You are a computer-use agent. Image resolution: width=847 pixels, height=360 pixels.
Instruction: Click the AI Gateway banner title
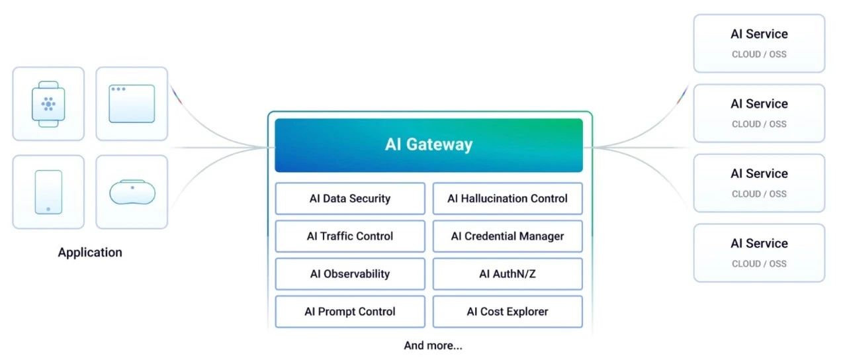pyautogui.click(x=429, y=144)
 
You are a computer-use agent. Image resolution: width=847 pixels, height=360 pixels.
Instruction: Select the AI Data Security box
pyautogui.click(x=350, y=199)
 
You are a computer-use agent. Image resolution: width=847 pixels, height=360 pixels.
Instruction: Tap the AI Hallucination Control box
pyautogui.click(x=508, y=199)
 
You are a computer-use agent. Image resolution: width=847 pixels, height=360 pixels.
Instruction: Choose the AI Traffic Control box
pyautogui.click(x=350, y=236)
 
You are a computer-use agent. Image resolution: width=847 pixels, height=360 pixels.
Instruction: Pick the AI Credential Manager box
pyautogui.click(x=508, y=236)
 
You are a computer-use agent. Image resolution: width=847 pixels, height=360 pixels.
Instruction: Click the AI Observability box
pyautogui.click(x=350, y=274)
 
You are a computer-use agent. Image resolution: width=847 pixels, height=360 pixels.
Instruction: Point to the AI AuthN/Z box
pyautogui.click(x=508, y=274)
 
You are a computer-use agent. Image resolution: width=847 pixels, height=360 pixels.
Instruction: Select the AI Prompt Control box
pyautogui.click(x=350, y=312)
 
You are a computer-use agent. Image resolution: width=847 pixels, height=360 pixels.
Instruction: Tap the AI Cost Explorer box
pyautogui.click(x=508, y=312)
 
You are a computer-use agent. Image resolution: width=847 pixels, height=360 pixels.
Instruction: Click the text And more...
pyautogui.click(x=433, y=345)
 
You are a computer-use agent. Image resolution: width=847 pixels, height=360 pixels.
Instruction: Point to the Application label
pyautogui.click(x=90, y=252)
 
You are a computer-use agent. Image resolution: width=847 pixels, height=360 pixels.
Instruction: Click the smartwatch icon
pyautogui.click(x=48, y=104)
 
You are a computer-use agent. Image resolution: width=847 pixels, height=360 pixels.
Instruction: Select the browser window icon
pyautogui.click(x=132, y=104)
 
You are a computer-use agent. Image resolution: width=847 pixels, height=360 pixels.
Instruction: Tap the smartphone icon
pyautogui.click(x=48, y=192)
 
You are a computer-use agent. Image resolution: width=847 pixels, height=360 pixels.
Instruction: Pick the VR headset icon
pyautogui.click(x=132, y=192)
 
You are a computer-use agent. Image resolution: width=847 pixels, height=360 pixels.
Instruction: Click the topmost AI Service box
pyautogui.click(x=759, y=43)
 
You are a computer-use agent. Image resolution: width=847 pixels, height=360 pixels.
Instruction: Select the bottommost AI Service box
pyautogui.click(x=759, y=253)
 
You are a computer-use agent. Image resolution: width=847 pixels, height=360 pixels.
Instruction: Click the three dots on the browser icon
pyautogui.click(x=118, y=89)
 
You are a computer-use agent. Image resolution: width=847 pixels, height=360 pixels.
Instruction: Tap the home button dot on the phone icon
pyautogui.click(x=48, y=209)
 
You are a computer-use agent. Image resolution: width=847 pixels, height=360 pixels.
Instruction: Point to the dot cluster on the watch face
pyautogui.click(x=48, y=104)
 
